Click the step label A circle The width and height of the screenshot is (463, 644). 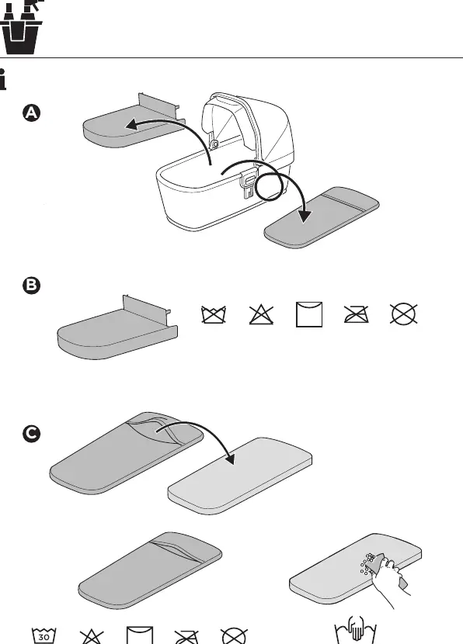[32, 113]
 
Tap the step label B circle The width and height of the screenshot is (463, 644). [32, 286]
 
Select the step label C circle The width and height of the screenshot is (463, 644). [32, 434]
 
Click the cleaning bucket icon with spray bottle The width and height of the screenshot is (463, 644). [20, 27]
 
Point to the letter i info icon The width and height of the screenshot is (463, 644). [2, 79]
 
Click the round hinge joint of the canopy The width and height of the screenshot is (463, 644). [214, 144]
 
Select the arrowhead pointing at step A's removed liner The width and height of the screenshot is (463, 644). [132, 124]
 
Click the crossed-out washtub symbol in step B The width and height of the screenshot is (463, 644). [214, 315]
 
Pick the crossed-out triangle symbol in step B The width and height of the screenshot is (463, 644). [261, 315]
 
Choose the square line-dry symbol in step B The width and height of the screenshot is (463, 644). [309, 314]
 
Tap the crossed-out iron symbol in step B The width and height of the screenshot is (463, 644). [356, 314]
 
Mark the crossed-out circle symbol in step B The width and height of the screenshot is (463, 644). [404, 314]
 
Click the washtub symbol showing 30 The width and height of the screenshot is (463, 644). [44, 635]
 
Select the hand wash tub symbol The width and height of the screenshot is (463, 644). [356, 631]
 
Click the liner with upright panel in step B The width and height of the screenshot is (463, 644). [117, 328]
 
